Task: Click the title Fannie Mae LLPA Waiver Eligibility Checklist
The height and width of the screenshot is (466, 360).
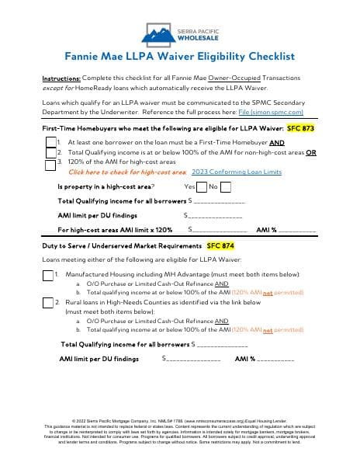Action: tap(179, 57)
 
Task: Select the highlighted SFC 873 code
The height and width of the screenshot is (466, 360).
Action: tap(300, 127)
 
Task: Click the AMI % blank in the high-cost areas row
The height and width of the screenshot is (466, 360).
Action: tap(296, 230)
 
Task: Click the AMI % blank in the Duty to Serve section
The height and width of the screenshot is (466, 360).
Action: tap(275, 359)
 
